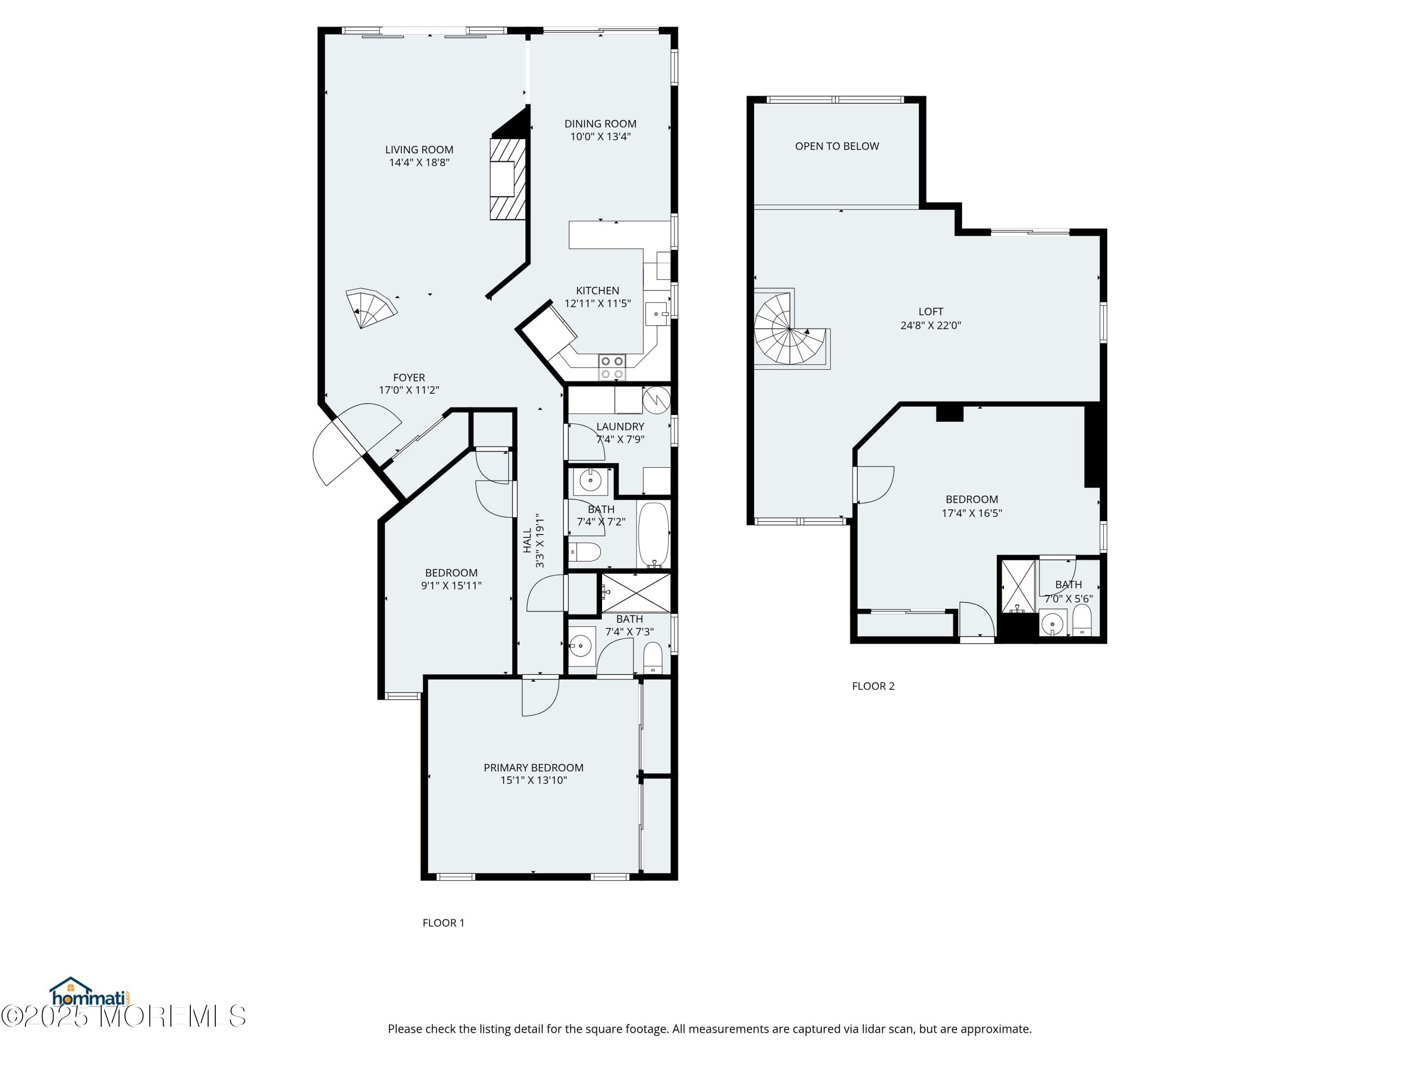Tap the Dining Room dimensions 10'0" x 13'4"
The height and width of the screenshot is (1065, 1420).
pos(600,137)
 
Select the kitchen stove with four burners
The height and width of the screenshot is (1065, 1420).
pos(612,368)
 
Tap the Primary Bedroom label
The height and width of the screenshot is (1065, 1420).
pos(533,768)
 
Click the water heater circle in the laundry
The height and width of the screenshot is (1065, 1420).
pos(657,400)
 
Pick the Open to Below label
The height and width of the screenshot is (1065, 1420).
pos(836,146)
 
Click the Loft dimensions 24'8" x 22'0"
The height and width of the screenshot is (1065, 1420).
pos(930,326)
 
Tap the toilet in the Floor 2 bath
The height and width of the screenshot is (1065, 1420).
pos(1082,620)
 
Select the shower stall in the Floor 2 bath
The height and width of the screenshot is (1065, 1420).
pos(1018,586)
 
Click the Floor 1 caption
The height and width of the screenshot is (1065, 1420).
pos(443,923)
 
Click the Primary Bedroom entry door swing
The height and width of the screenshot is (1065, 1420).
pos(539,697)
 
